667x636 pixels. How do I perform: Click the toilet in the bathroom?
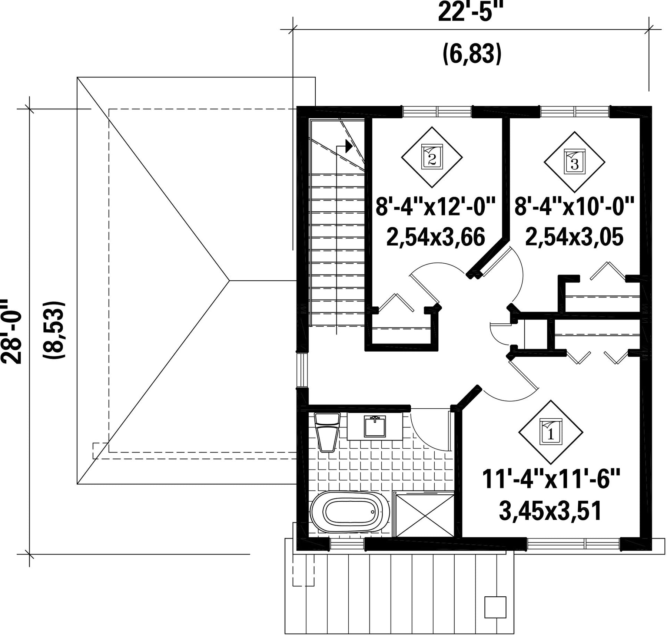[327, 432]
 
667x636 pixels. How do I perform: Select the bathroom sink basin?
[375, 426]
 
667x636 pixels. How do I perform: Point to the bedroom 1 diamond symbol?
[551, 432]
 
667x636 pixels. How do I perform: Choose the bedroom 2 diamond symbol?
[432, 157]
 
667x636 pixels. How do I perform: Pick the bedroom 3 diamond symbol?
[574, 162]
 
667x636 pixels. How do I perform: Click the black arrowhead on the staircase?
[349, 146]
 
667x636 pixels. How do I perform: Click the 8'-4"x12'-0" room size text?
[435, 207]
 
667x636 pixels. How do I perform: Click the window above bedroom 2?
[437, 111]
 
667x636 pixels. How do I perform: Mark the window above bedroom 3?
[575, 111]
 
